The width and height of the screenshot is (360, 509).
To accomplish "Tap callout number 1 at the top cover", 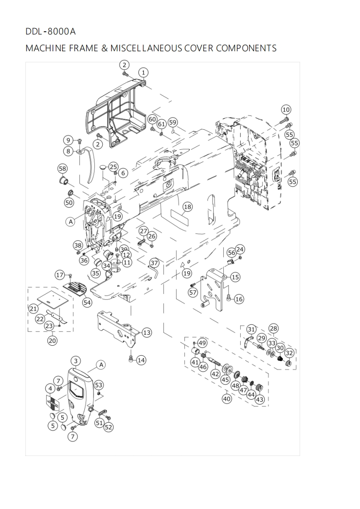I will tap(143, 72).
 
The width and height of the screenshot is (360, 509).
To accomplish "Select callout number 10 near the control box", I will tap(286, 109).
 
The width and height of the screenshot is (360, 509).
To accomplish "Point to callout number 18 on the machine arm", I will tap(187, 207).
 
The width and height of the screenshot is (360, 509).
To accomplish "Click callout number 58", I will tap(62, 168).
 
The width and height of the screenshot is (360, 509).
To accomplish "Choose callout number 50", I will tap(69, 203).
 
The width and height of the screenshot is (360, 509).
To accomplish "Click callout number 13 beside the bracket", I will tap(146, 333).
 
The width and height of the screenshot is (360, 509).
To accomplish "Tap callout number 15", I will tap(235, 277).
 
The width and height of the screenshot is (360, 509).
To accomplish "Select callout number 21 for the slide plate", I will tap(33, 308).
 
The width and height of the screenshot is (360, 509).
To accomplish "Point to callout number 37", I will tap(154, 263).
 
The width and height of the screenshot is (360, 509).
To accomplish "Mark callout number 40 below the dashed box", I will tap(226, 399).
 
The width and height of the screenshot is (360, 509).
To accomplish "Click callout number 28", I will tap(273, 328).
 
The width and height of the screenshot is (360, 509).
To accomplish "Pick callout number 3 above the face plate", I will tap(76, 361).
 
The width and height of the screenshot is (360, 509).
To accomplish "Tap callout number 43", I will tap(260, 400).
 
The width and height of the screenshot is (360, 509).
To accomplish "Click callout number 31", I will tap(251, 329).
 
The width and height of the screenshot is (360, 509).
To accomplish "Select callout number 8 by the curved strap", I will tap(69, 151).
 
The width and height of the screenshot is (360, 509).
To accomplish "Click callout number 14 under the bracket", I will tap(141, 360).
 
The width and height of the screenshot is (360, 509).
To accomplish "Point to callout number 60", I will tap(152, 119).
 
